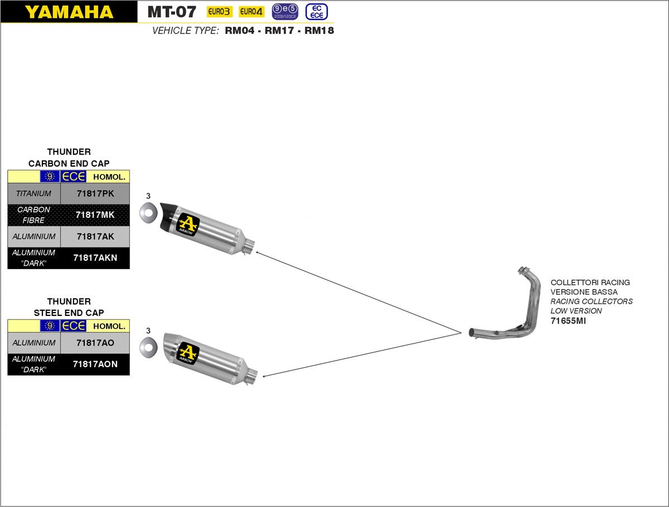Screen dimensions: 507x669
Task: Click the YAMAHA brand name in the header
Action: (69, 12)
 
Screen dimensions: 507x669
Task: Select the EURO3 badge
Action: (219, 12)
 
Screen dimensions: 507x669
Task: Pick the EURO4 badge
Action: (251, 12)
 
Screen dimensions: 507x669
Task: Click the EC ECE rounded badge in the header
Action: (317, 12)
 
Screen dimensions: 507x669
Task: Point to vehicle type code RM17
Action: (279, 31)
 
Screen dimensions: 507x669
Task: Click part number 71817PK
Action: (95, 194)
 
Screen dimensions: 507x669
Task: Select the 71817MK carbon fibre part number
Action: (95, 215)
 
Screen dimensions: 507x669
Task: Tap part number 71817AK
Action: (95, 237)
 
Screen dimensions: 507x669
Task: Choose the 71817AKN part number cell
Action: (95, 258)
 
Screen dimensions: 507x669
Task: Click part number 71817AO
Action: (95, 343)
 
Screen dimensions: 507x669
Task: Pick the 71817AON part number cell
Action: (95, 364)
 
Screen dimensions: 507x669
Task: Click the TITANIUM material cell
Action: (33, 194)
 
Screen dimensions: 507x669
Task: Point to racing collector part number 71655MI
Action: (568, 321)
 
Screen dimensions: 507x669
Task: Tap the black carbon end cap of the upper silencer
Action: (167, 217)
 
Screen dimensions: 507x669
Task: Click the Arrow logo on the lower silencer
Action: (188, 353)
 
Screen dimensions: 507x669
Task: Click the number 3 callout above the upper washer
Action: (148, 196)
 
